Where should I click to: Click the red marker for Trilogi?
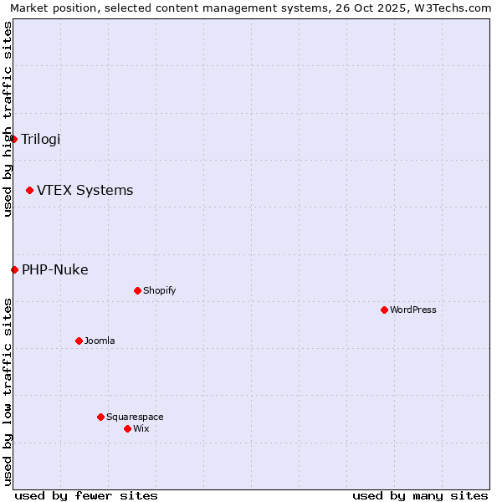click(x=14, y=139)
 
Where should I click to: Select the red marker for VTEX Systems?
click(x=30, y=191)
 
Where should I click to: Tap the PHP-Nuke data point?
click(x=15, y=269)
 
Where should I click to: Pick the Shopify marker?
click(x=138, y=290)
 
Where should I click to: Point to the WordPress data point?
click(x=385, y=310)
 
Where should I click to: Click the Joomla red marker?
click(x=79, y=341)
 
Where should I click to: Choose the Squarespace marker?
click(x=101, y=417)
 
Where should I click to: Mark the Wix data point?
click(x=128, y=428)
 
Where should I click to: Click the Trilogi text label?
click(x=41, y=139)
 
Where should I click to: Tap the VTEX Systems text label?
click(x=85, y=191)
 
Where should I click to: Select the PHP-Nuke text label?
click(x=55, y=269)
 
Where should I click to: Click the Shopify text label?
click(x=160, y=290)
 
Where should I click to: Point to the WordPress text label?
click(x=413, y=310)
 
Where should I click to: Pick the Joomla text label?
click(x=100, y=341)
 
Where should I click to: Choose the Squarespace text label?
click(x=135, y=417)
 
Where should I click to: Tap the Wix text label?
click(x=141, y=428)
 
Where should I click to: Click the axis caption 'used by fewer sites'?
click(x=86, y=495)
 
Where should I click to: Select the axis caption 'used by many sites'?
click(x=420, y=495)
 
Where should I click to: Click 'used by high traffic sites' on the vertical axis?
click(x=8, y=119)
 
